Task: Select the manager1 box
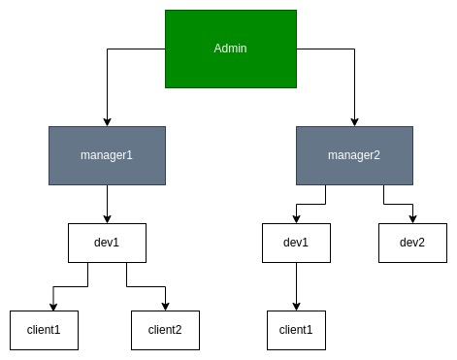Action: [107, 154]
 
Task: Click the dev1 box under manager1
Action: [107, 243]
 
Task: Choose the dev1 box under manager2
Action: [296, 243]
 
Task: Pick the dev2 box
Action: [412, 243]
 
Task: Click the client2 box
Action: [165, 330]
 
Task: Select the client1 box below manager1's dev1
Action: [44, 330]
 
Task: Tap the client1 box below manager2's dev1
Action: [296, 330]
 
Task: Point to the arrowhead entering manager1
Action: [107, 120]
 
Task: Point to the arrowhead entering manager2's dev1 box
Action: [296, 218]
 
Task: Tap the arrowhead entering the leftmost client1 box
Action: [53, 306]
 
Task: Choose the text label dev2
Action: [412, 243]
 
